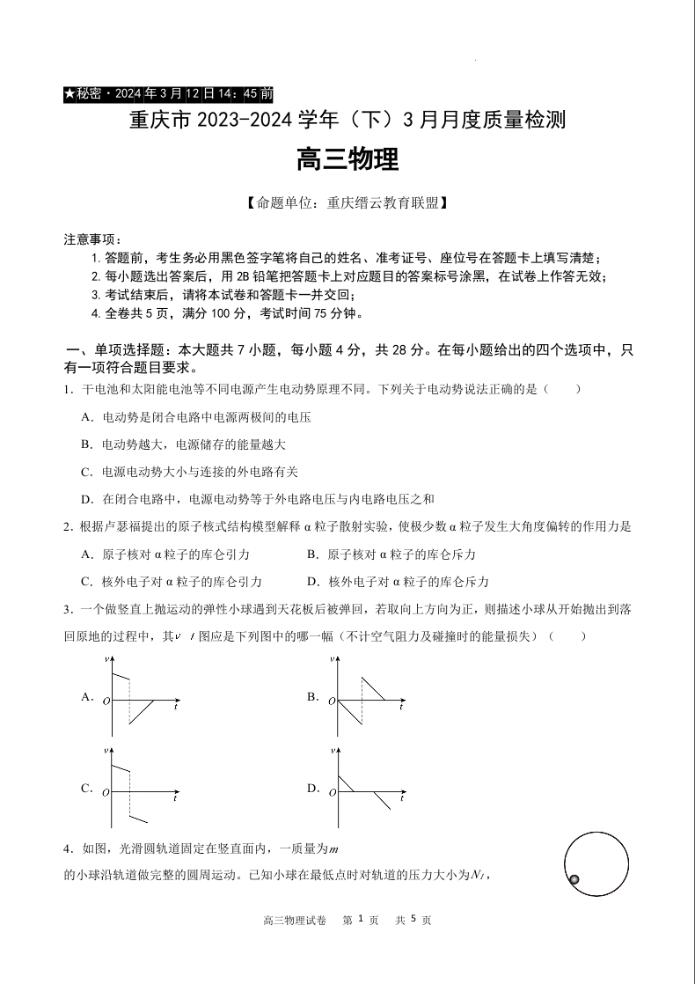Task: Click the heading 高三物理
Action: click(347, 159)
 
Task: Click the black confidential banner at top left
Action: click(169, 93)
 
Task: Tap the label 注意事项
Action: click(92, 239)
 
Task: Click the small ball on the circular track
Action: click(574, 879)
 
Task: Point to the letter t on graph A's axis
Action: click(177, 707)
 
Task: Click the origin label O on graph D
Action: click(333, 793)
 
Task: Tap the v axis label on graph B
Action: click(332, 659)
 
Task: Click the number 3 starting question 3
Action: click(66, 610)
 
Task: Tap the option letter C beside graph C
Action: click(86, 788)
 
